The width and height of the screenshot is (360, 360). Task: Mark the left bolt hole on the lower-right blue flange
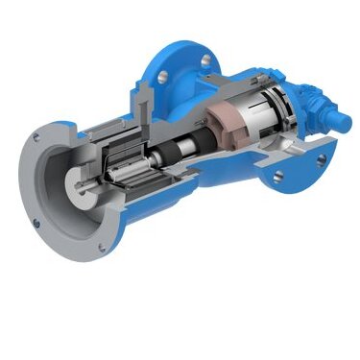click(x=279, y=176)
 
